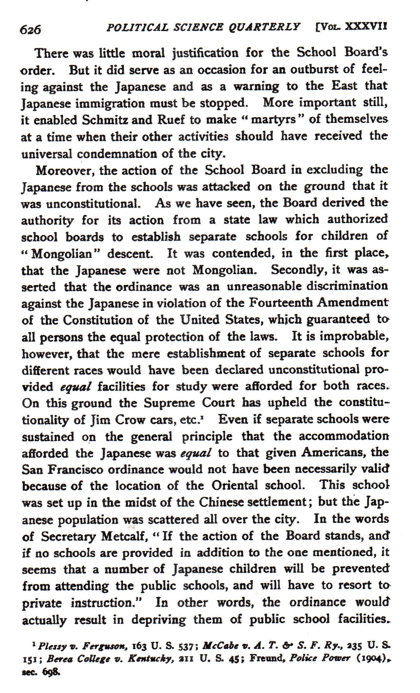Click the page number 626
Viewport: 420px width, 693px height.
click(30, 29)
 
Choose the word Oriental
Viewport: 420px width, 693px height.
click(235, 486)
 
